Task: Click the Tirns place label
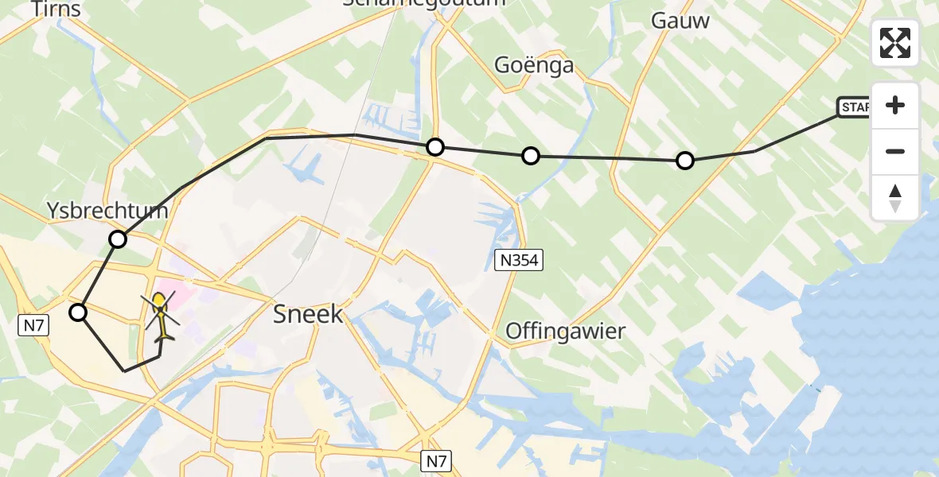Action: click(56, 9)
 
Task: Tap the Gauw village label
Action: click(680, 21)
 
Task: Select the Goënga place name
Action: click(534, 64)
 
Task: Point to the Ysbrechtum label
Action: click(107, 211)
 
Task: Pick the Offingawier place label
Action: click(565, 330)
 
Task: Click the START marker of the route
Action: click(854, 107)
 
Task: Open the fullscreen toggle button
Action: click(895, 43)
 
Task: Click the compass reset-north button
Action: click(895, 198)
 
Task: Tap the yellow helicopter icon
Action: click(162, 316)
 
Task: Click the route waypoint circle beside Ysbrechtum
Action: click(118, 239)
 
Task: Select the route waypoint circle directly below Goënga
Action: click(531, 156)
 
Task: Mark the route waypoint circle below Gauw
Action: click(684, 161)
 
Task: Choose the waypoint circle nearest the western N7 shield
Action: click(78, 312)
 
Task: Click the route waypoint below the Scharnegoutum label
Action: click(434, 146)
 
